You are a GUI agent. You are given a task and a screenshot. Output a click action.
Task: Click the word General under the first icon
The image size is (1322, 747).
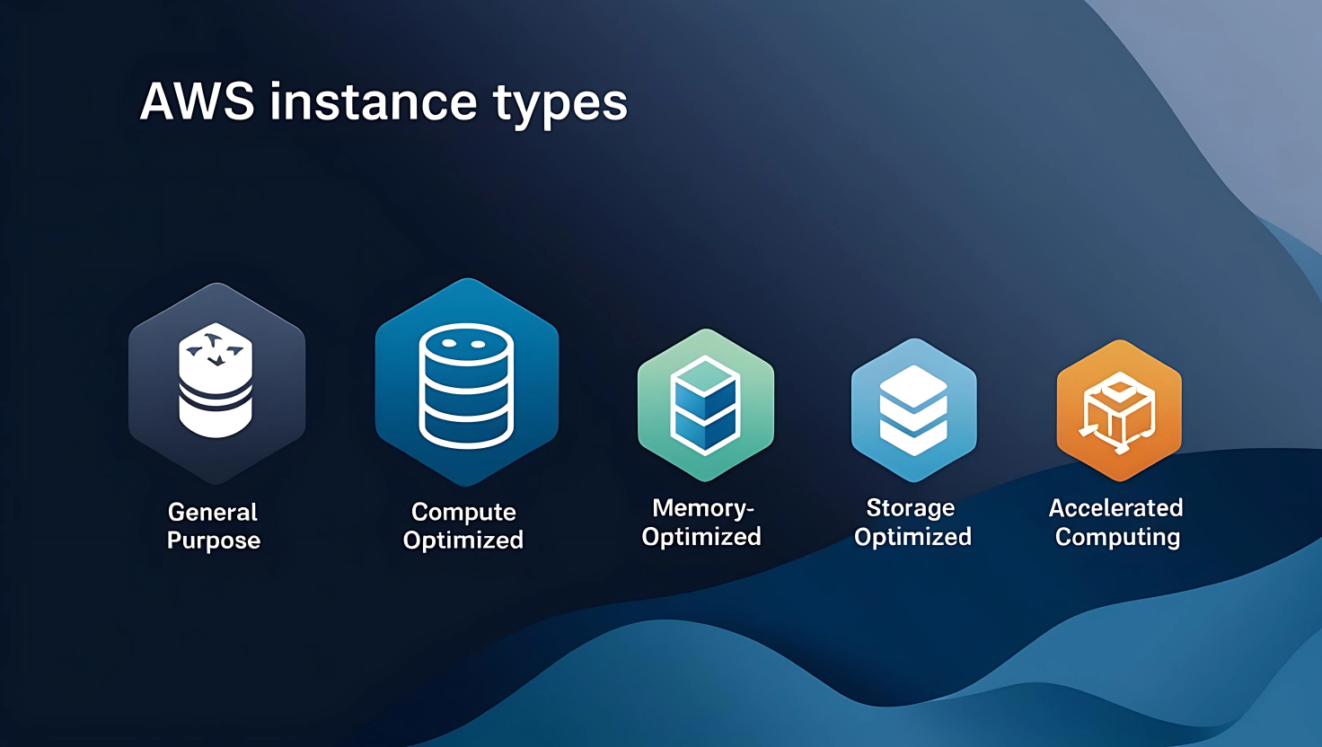[213, 512]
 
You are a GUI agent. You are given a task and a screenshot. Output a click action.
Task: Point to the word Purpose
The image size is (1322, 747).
[214, 540]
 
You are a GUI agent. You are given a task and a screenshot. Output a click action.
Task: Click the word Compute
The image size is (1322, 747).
[463, 512]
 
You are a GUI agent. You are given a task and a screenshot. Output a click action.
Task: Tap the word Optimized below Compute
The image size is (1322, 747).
[463, 540]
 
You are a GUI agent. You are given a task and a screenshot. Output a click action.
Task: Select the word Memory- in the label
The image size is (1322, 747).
[703, 508]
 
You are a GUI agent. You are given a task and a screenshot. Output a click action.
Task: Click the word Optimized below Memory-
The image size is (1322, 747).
[701, 537]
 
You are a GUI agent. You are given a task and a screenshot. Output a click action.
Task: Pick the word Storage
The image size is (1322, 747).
[911, 508]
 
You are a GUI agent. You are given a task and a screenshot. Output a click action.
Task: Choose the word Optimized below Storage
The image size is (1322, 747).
[912, 537]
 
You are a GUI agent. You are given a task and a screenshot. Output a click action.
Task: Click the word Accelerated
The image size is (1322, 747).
[1115, 508]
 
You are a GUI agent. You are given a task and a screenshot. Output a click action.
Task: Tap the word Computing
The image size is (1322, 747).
[1117, 537]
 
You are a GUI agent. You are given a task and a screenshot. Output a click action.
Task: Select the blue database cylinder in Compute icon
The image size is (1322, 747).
[466, 386]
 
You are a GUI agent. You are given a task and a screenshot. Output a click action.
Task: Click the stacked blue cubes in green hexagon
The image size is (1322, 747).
[706, 405]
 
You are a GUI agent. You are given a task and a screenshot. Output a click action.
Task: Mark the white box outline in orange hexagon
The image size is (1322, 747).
[1118, 411]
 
